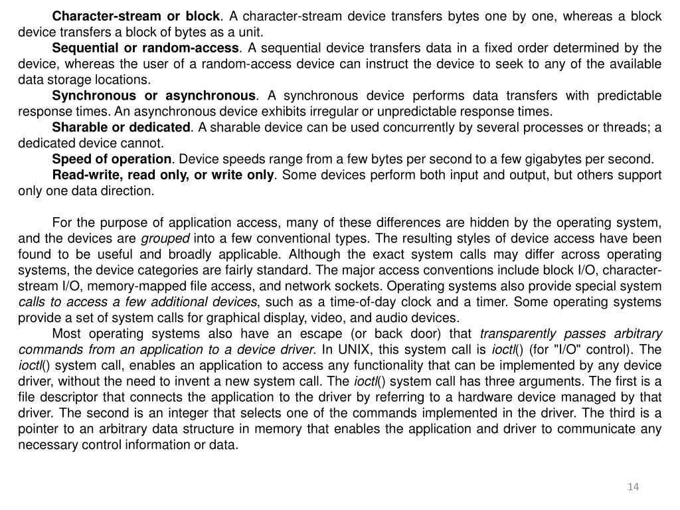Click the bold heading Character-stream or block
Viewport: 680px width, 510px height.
pyautogui.click(x=135, y=15)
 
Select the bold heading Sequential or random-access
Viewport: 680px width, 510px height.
pyautogui.click(x=145, y=48)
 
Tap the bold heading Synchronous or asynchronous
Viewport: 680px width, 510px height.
pyautogui.click(x=153, y=96)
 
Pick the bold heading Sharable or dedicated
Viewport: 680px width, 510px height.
pyautogui.click(x=121, y=127)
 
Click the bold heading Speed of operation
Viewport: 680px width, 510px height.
pyautogui.click(x=112, y=159)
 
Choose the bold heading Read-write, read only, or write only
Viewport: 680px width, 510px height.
pyautogui.click(x=163, y=175)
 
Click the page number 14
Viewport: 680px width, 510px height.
pyautogui.click(x=633, y=488)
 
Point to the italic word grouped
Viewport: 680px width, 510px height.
pyautogui.click(x=164, y=238)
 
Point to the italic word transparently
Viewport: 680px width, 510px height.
pyautogui.click(x=516, y=333)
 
